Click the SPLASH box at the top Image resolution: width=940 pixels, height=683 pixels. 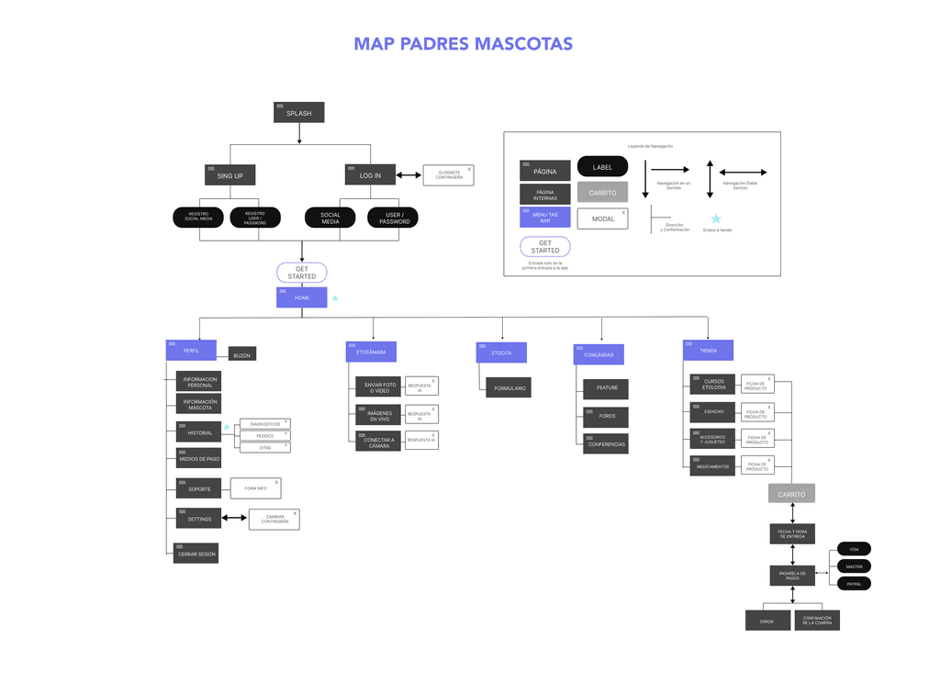tap(299, 113)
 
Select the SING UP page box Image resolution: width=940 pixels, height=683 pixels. tap(229, 174)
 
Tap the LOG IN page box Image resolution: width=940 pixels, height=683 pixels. tap(370, 174)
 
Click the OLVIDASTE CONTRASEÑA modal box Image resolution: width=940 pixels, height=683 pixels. tap(449, 174)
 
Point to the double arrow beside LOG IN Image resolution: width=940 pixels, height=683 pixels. tap(408, 174)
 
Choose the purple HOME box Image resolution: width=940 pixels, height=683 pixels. tap(302, 297)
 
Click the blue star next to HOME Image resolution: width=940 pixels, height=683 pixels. tap(335, 298)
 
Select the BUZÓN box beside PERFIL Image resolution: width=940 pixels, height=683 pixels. tap(241, 355)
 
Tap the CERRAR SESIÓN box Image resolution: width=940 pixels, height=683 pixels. tap(197, 554)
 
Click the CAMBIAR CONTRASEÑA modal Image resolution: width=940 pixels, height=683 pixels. tap(274, 520)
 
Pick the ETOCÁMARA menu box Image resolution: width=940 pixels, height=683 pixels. tap(371, 352)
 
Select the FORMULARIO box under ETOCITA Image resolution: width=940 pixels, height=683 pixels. tap(509, 388)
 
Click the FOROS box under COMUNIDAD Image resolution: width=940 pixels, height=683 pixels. tap(607, 417)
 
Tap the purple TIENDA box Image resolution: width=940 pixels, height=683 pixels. tap(708, 350)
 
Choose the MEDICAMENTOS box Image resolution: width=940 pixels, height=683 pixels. tap(713, 466)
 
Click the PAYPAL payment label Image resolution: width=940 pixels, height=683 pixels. tap(854, 583)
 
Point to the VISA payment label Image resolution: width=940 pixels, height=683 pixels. tap(854, 549)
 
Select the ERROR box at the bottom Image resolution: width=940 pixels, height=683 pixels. tap(767, 621)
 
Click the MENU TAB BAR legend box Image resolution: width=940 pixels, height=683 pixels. tap(545, 218)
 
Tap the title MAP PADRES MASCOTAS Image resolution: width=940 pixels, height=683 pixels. tap(463, 44)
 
